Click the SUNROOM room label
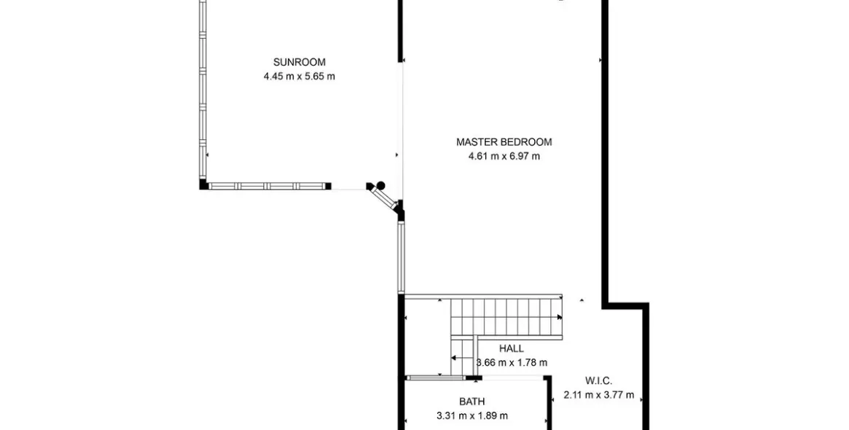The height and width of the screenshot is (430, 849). click(x=300, y=62)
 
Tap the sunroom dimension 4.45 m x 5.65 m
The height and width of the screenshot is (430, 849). click(x=300, y=77)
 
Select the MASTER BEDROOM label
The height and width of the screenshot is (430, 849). click(x=504, y=142)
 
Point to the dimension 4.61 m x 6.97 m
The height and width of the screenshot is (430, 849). click(x=504, y=157)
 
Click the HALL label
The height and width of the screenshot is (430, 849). click(x=511, y=349)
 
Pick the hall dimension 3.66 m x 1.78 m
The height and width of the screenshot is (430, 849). click(x=511, y=363)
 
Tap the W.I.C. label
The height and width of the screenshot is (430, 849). click(x=599, y=380)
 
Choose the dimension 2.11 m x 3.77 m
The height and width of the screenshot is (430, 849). click(x=599, y=395)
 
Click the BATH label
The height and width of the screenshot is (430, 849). click(x=472, y=402)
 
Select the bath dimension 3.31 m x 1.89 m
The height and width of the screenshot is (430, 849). click(x=472, y=416)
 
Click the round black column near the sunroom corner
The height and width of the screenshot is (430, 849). click(x=380, y=184)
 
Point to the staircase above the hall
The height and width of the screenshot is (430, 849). click(x=506, y=317)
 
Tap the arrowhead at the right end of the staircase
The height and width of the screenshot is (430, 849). click(x=560, y=317)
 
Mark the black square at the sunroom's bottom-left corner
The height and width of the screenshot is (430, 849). click(x=203, y=184)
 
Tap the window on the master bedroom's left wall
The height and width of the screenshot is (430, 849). click(x=402, y=257)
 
